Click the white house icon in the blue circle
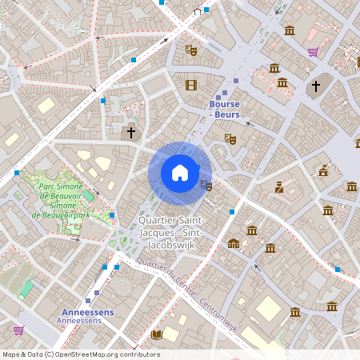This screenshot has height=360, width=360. coord(180,173)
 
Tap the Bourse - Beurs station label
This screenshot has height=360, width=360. coord(224,110)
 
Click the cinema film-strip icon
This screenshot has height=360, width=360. coord(190,85)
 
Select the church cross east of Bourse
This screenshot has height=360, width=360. coord(315,86)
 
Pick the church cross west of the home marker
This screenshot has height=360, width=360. coord(130,133)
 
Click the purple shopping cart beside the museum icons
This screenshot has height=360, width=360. coord(313,52)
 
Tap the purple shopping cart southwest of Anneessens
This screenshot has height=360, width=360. coord(18,329)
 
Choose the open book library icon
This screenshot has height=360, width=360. coord(157,334)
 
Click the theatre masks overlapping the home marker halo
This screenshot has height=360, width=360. coord(206,186)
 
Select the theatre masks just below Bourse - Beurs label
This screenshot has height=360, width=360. coord(230,139)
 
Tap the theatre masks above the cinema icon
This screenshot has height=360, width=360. coord(190,50)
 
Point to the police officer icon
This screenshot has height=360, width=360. coord(278,188)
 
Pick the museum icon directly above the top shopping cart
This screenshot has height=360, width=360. coord(289,30)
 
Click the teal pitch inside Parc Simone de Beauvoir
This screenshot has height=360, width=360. coord(88,195)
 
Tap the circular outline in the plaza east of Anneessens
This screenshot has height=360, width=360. coord(122,286)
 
